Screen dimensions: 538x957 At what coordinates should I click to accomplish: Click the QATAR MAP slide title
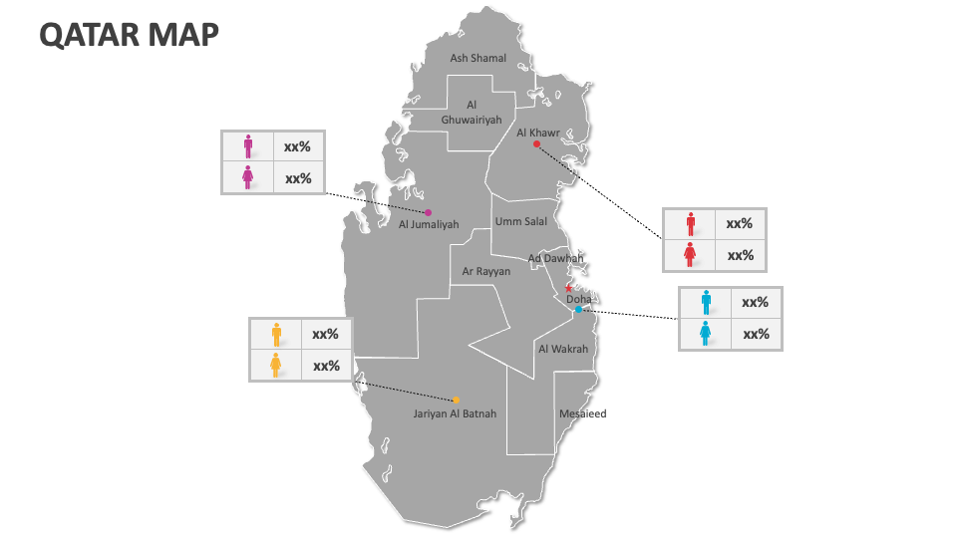(x=129, y=35)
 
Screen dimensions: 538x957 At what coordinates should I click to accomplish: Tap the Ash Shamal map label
(x=478, y=59)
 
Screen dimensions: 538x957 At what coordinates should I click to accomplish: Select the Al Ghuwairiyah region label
(x=472, y=113)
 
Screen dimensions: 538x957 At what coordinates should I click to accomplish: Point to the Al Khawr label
(x=538, y=132)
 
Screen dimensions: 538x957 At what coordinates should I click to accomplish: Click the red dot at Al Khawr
(x=536, y=144)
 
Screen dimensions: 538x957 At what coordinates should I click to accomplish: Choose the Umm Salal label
(x=520, y=221)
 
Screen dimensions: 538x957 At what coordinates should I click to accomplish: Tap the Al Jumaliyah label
(x=429, y=225)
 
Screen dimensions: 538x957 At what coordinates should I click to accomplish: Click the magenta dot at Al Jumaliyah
(x=429, y=212)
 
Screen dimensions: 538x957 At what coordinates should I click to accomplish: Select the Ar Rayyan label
(x=486, y=271)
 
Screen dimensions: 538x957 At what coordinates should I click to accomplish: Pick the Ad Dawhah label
(x=555, y=258)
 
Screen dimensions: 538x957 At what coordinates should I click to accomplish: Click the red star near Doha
(x=569, y=289)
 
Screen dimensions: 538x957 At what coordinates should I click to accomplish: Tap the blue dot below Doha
(x=578, y=310)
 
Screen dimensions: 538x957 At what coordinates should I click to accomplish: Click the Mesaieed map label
(x=582, y=413)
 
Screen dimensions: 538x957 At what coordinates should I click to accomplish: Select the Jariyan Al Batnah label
(x=455, y=413)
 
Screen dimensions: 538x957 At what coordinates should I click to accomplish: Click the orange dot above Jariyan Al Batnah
(x=456, y=400)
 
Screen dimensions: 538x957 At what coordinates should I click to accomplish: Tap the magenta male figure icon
(x=248, y=146)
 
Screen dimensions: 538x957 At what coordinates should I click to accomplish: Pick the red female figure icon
(x=690, y=255)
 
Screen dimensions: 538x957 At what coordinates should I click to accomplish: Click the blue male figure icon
(x=706, y=302)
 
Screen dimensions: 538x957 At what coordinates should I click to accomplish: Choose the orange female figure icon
(x=276, y=366)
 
